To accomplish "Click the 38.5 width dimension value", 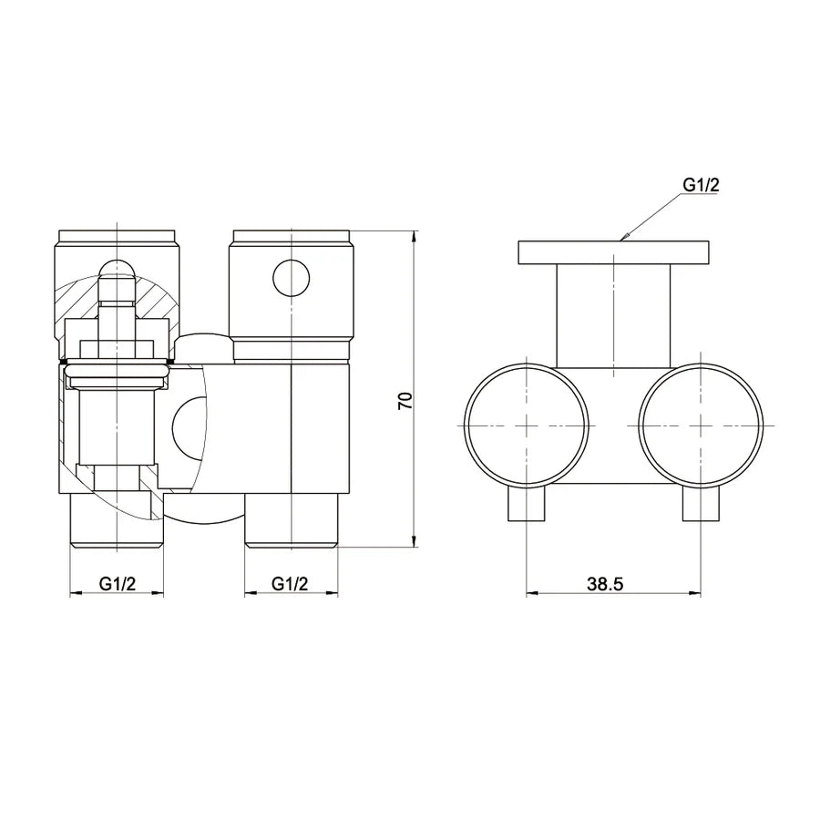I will [x=605, y=586].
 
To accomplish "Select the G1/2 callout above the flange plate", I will [x=702, y=185].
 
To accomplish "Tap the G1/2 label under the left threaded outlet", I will [x=118, y=586].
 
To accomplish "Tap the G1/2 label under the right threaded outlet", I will [x=291, y=586].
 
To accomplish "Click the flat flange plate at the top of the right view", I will [x=614, y=251].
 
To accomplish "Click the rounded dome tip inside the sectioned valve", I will [x=117, y=268].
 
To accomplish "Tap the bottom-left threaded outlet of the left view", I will [x=117, y=520].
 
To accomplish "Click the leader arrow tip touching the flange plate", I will [x=622, y=239].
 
